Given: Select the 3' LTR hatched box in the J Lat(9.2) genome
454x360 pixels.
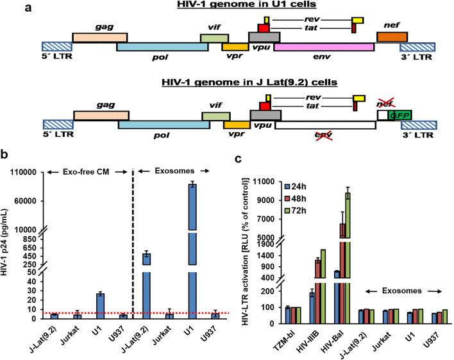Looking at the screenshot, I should (418, 124).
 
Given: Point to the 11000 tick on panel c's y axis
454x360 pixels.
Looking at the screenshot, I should (258, 182).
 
